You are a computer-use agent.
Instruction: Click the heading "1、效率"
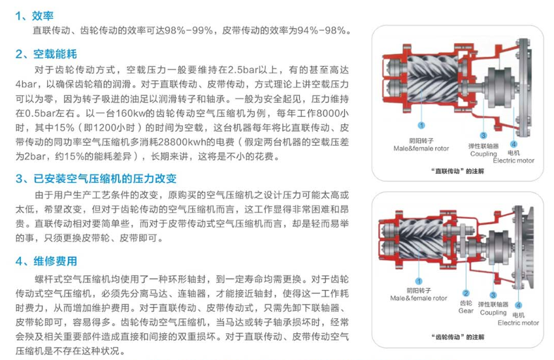coord(34,16)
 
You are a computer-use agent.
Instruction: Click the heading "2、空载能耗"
coord(46,54)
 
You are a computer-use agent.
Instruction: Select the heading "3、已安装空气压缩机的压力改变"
coord(96,179)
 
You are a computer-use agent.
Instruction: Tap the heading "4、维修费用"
coord(46,261)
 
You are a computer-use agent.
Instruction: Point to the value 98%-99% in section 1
coord(189,31)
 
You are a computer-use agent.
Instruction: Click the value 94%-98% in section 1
coord(321,31)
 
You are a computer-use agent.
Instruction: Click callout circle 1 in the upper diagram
coord(421,125)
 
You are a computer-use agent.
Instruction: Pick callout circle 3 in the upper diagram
coord(483,135)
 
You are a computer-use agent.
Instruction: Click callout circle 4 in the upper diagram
coord(513,144)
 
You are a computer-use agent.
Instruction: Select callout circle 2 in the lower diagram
coord(466,293)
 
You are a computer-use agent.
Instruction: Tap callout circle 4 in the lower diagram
coord(518,305)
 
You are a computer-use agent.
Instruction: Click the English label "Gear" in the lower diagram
coord(466,311)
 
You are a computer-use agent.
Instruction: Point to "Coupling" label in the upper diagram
coord(483,154)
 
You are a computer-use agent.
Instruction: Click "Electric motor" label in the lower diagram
coord(518,323)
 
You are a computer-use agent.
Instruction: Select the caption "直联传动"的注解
coord(457,171)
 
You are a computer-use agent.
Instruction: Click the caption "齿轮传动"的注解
coord(457,337)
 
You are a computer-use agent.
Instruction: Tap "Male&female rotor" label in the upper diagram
coord(421,148)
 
